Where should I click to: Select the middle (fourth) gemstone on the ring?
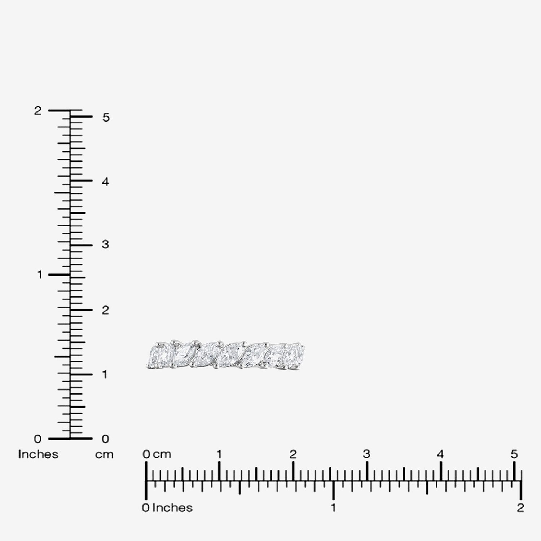pos(229,354)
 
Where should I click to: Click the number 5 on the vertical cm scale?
pos(105,118)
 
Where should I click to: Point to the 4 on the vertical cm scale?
pos(105,182)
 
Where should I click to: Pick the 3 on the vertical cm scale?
pos(105,245)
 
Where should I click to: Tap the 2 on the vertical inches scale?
pos(38,111)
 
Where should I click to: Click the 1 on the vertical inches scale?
pos(40,275)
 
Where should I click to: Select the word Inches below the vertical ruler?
pos(38,454)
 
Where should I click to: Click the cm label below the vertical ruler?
pos(104,455)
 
